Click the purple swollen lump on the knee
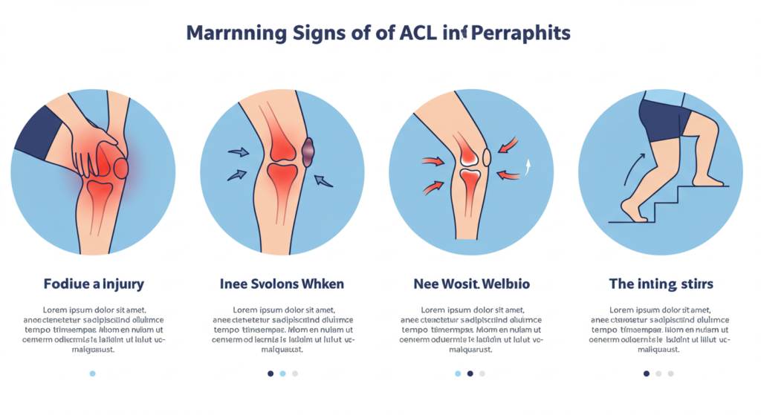click(308, 151)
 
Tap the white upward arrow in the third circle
click(529, 166)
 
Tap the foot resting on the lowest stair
click(634, 211)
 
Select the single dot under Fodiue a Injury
click(92, 373)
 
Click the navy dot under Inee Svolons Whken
click(271, 373)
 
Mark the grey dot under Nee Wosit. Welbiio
click(483, 373)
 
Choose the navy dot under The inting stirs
click(647, 373)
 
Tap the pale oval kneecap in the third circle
click(488, 157)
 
